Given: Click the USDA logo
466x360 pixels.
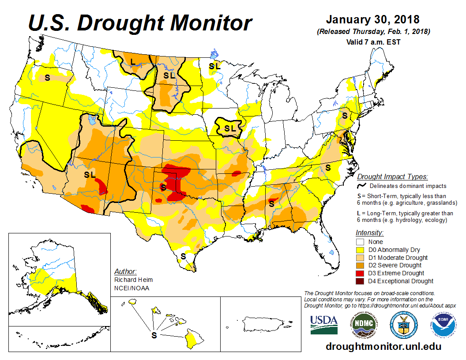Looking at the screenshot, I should pos(323,325).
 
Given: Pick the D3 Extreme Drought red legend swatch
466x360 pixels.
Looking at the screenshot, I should pos(361,273).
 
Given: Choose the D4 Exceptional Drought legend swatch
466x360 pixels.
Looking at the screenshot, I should pos(361,281).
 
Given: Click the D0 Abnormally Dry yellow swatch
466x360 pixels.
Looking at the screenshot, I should pos(361,250).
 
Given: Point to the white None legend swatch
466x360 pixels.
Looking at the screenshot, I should pos(361,242).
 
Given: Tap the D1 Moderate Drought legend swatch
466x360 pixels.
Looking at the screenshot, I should pos(361,258).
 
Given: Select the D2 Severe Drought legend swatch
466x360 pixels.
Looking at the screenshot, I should pos(361,265).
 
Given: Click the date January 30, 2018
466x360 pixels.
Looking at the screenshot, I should pos(372,20).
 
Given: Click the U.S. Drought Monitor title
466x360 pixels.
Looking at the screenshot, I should pos(140,22).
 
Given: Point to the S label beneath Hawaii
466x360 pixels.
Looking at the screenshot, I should pos(154,335).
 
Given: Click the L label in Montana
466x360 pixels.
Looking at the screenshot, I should pos(133,62).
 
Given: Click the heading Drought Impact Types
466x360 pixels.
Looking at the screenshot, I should pos(392,177).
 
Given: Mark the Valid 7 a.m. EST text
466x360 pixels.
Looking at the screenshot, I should pos(373,42).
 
